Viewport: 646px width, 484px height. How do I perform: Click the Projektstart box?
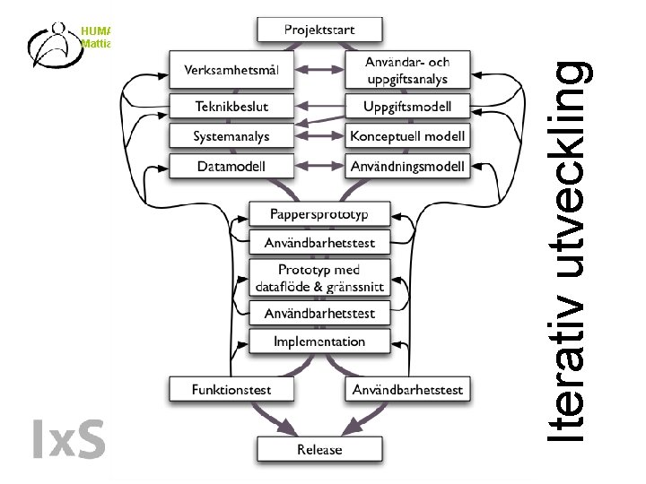[x=319, y=30]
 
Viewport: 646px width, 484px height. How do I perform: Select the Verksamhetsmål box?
[x=231, y=70]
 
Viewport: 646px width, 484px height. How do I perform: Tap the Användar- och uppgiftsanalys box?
[x=407, y=70]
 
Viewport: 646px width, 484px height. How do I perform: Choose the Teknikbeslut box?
[x=231, y=107]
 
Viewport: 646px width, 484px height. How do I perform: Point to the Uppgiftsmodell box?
[x=407, y=108]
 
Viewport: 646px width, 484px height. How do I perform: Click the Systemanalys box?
[x=231, y=136]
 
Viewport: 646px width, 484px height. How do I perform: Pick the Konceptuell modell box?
[x=407, y=136]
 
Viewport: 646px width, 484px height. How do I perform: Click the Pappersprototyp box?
[x=319, y=214]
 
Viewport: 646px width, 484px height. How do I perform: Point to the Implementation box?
[x=319, y=341]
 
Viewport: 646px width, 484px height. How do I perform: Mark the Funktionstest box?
[x=231, y=389]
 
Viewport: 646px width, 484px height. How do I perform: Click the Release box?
[x=319, y=448]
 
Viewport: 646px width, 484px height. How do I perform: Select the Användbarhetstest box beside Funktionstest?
[x=407, y=389]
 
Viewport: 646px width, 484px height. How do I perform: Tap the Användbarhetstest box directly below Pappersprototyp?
[x=319, y=242]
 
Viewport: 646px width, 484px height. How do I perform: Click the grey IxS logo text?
[x=68, y=438]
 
